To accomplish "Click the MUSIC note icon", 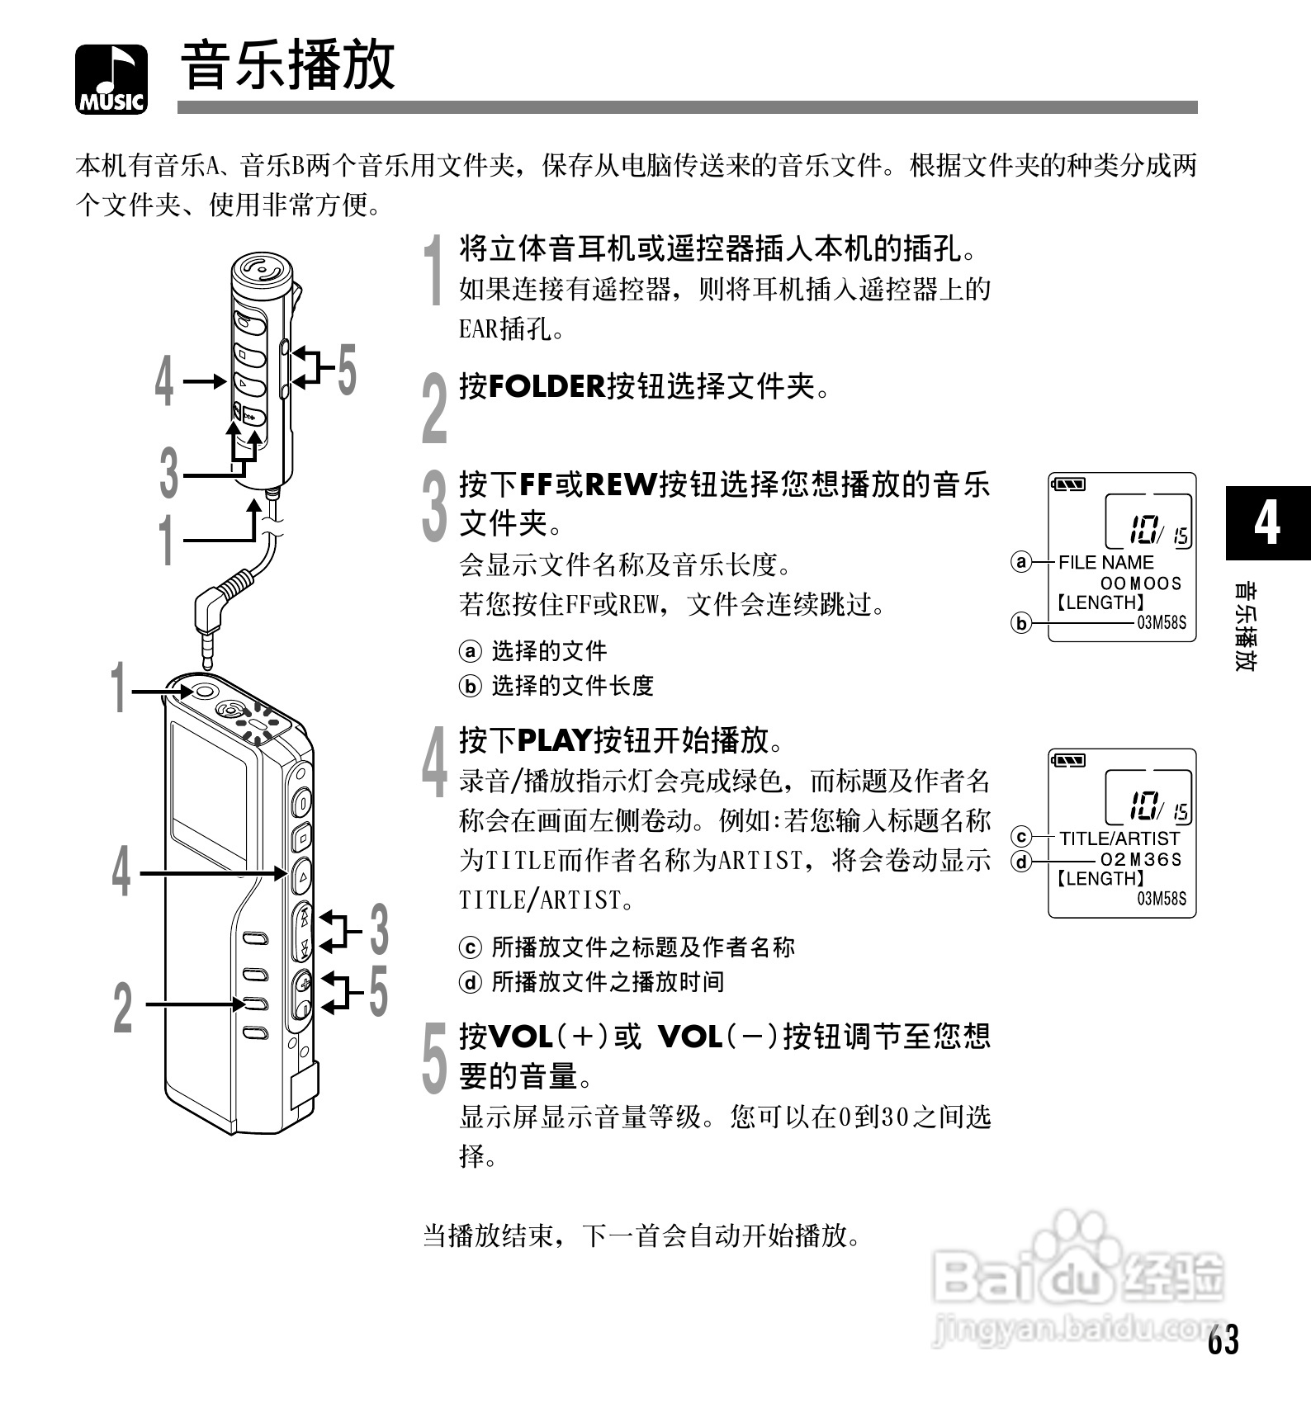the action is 111,78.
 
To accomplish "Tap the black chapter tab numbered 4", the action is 1267,523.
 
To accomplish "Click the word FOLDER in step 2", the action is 547,386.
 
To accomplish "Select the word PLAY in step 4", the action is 555,740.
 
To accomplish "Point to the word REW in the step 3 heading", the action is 620,484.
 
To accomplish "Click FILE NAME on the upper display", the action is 1105,563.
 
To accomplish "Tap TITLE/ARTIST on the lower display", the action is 1119,838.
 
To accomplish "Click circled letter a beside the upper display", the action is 1021,563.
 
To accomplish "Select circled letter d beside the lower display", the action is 1022,862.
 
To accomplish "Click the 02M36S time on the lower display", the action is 1142,859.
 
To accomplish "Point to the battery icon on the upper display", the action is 1068,484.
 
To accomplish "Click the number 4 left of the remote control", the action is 165,381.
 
